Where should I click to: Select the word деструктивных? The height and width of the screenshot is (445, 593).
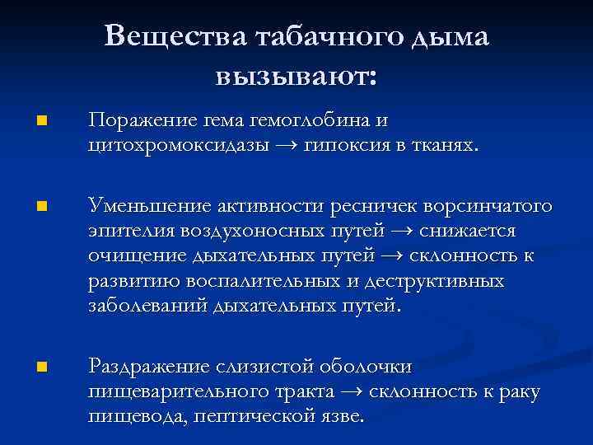click(438, 281)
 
